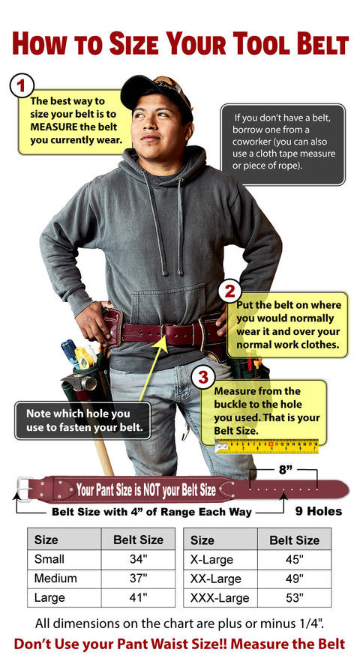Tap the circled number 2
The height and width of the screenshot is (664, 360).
[x=229, y=292]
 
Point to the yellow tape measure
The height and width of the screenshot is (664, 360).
[x=268, y=447]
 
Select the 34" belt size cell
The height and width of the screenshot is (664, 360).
[x=137, y=559]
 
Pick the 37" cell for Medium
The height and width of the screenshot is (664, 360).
[x=137, y=579]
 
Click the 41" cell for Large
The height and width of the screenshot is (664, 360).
[x=137, y=598]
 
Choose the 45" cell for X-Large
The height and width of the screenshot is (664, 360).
[x=294, y=559]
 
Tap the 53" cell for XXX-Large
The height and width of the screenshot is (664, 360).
[x=294, y=598]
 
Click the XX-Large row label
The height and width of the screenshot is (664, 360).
[x=216, y=579]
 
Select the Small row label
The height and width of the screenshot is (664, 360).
[x=49, y=559]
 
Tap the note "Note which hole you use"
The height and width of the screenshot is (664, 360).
[x=82, y=420]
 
